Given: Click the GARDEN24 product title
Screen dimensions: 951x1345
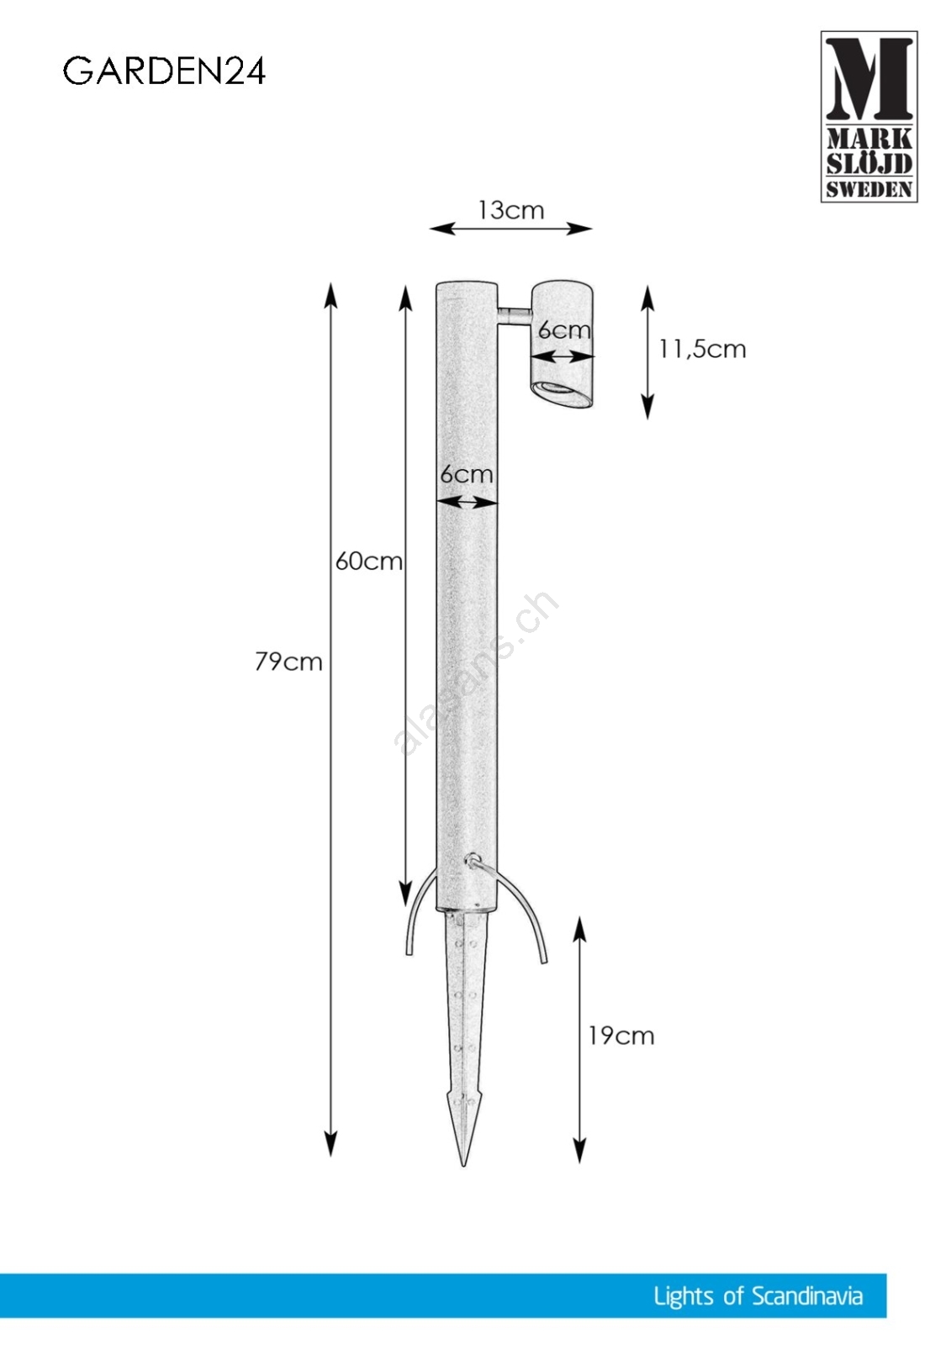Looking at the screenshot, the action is pos(164,71).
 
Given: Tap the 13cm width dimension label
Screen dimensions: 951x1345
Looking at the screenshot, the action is pos(510,210).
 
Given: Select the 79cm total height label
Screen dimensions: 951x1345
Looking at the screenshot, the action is pos(288,662).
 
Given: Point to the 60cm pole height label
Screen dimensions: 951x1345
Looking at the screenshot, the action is pos(368,562).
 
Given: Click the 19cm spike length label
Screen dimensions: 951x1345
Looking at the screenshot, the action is pos(621,1036).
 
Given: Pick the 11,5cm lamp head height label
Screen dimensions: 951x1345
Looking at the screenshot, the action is pos(702,349).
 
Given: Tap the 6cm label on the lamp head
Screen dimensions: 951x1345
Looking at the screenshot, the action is pos(563,330).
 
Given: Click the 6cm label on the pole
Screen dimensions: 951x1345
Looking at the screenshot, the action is pos(466,474).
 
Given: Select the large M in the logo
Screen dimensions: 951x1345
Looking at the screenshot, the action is pos(869,78).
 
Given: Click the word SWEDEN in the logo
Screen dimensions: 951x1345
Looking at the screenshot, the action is pos(869,189).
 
